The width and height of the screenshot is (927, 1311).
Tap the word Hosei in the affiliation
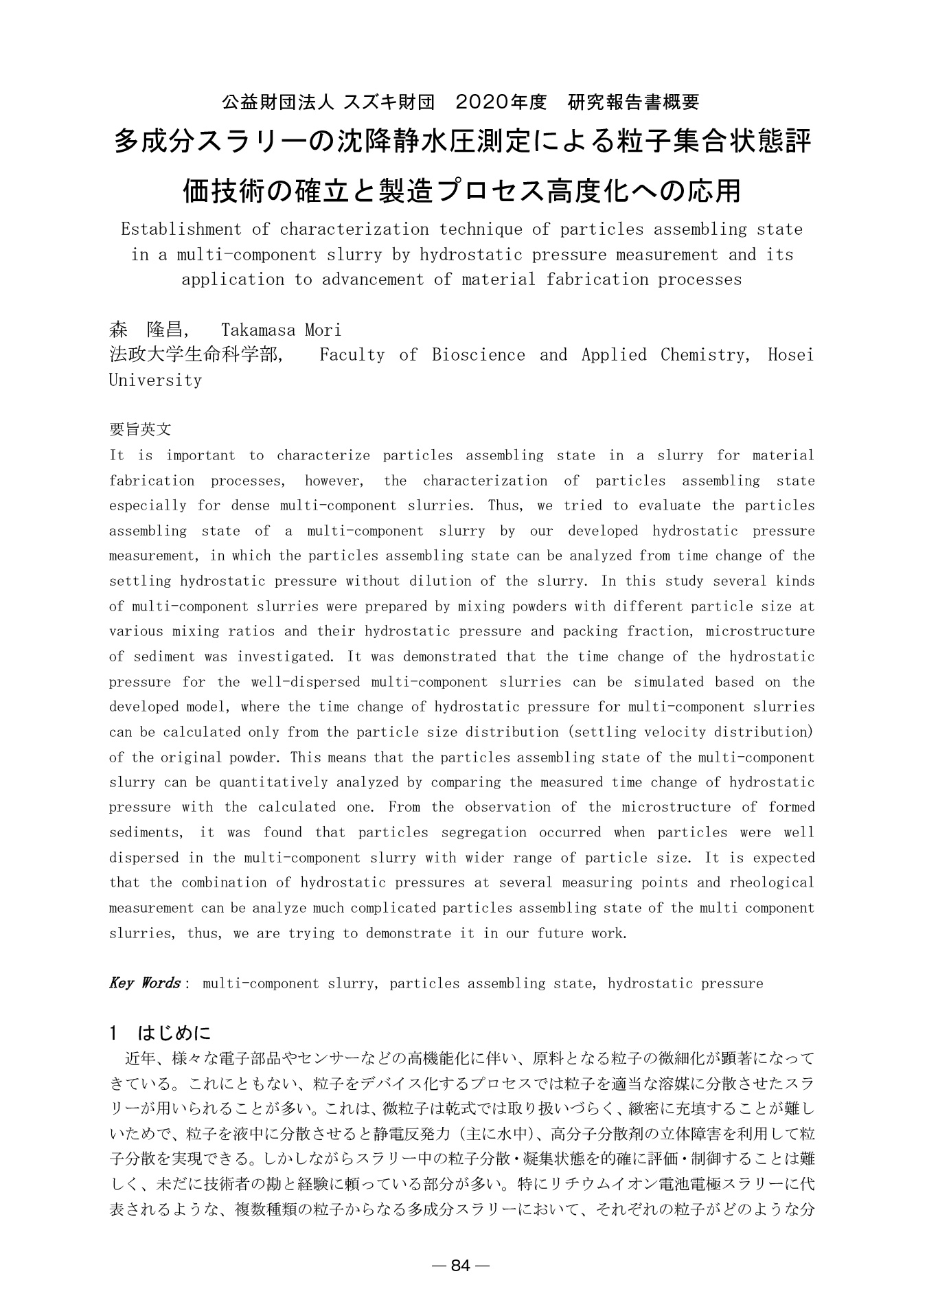tap(790, 355)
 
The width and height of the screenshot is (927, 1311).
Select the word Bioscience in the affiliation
tap(479, 355)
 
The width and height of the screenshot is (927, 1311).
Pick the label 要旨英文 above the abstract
tap(140, 430)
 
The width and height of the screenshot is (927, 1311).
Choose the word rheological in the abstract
tap(773, 882)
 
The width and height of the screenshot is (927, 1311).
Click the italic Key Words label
tap(145, 983)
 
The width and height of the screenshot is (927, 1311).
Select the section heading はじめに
tap(175, 1032)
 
